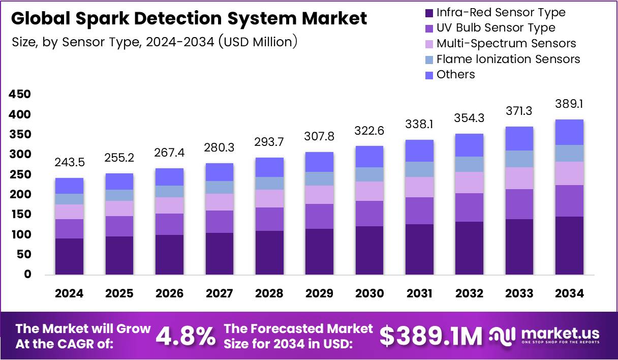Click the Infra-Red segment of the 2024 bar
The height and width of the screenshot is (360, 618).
click(69, 256)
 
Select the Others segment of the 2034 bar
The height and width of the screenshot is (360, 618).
click(569, 132)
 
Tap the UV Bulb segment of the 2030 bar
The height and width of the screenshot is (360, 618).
click(369, 214)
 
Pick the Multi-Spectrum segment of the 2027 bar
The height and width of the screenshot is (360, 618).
click(219, 202)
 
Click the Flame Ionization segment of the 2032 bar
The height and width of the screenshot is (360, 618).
click(469, 164)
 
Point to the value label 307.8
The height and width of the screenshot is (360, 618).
click(319, 137)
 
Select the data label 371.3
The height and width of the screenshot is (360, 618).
click(519, 111)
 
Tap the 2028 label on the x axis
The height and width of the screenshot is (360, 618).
click(269, 293)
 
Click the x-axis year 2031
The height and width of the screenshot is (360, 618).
click(419, 293)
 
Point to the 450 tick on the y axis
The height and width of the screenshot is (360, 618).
click(20, 95)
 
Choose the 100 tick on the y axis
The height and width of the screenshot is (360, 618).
click(20, 234)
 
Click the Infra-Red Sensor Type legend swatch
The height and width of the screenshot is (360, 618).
click(428, 13)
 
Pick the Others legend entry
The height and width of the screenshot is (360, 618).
click(455, 74)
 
